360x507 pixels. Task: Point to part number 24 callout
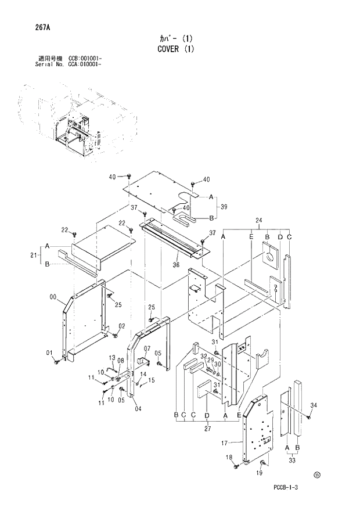click(259, 220)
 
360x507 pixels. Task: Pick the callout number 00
click(53, 297)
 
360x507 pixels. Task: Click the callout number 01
click(49, 353)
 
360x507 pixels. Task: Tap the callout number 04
click(138, 408)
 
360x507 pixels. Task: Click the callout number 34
click(314, 405)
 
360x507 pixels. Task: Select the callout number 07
click(147, 348)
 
